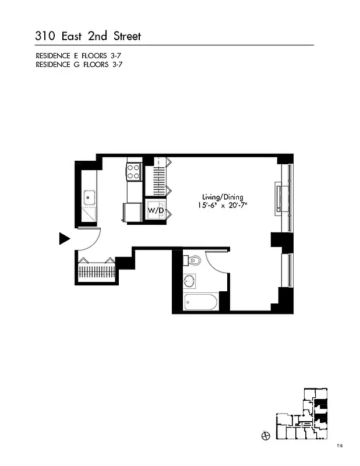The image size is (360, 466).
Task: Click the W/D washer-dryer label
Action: pos(154,210)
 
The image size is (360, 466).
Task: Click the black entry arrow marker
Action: pos(65,238)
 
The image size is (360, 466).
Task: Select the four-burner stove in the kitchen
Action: pos(133,171)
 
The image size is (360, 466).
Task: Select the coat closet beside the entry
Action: pos(97,271)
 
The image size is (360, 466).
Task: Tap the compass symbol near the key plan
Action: pos(265,435)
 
